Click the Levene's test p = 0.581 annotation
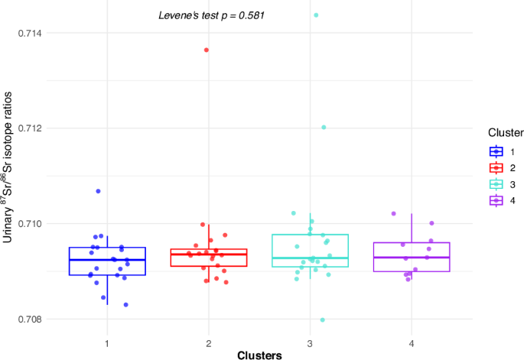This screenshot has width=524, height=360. (211, 15)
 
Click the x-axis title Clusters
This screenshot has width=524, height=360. (259, 354)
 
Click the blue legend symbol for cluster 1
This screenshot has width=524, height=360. (496, 151)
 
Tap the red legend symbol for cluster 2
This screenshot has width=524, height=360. (496, 168)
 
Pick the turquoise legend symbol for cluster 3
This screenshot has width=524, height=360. (496, 185)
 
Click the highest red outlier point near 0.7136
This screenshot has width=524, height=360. (207, 50)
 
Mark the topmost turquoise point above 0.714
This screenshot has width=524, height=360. (316, 15)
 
